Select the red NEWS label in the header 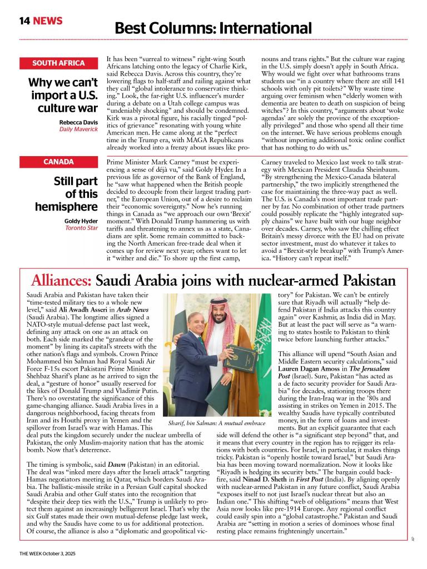(x=48, y=21)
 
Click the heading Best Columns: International (x=213, y=28)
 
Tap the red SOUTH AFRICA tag (x=58, y=63)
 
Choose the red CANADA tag (x=58, y=162)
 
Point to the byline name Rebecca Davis (x=78, y=122)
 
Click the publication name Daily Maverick (x=78, y=129)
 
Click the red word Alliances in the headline (x=62, y=279)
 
